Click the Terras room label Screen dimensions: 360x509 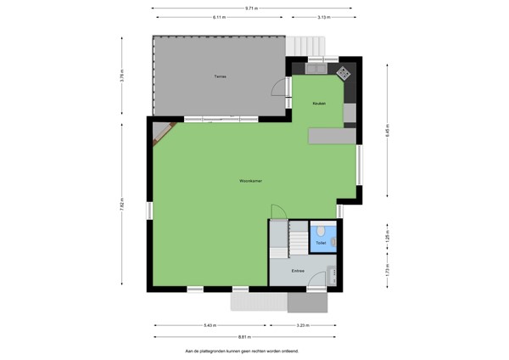click(x=220, y=76)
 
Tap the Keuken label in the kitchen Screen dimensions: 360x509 click(x=319, y=103)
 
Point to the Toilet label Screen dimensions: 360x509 click(x=321, y=243)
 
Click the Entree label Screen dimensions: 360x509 click(x=298, y=271)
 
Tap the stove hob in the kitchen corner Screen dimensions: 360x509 click(x=344, y=73)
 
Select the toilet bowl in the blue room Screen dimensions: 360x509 click(x=320, y=231)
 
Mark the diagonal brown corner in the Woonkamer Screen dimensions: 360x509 click(x=165, y=134)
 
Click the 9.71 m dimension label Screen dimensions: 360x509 click(x=252, y=8)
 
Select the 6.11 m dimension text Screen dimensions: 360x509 click(x=220, y=17)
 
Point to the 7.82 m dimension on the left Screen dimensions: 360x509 click(x=122, y=205)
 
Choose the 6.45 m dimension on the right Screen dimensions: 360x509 click(x=387, y=132)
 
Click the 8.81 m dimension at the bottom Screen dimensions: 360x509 click(x=240, y=336)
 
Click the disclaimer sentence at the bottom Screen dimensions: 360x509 click(x=242, y=350)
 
